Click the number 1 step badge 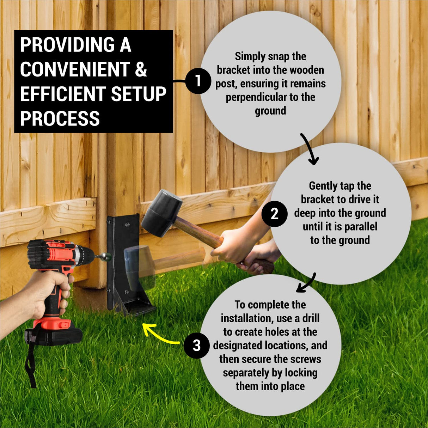(198, 81)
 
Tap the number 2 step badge (274, 214)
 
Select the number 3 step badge (197, 346)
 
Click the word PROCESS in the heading (60, 118)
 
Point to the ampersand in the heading (141, 69)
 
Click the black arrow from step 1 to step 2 (309, 150)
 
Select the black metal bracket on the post (122, 261)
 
